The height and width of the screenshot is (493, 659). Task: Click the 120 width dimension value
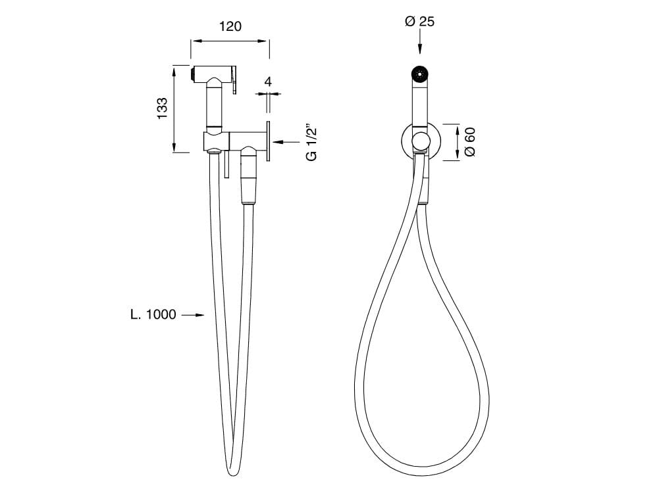(x=230, y=26)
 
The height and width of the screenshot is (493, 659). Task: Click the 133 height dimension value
(x=163, y=108)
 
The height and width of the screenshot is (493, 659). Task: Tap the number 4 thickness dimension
(x=268, y=82)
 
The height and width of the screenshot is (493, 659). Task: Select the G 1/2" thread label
(x=312, y=141)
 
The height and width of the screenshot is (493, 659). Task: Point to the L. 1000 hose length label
(x=153, y=315)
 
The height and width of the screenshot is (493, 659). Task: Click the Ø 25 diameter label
(x=419, y=22)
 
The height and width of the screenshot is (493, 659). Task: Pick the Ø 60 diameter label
(x=469, y=141)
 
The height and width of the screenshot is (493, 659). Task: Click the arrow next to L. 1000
(x=192, y=316)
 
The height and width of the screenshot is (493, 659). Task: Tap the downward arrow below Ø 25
(x=420, y=46)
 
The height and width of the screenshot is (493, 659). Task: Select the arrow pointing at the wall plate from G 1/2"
(x=286, y=141)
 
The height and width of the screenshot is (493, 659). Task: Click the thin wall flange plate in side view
(x=269, y=141)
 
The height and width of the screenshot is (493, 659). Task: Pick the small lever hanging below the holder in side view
(x=225, y=165)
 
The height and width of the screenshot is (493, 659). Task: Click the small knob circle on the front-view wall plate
(x=419, y=141)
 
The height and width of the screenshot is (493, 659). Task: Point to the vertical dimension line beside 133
(x=174, y=108)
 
